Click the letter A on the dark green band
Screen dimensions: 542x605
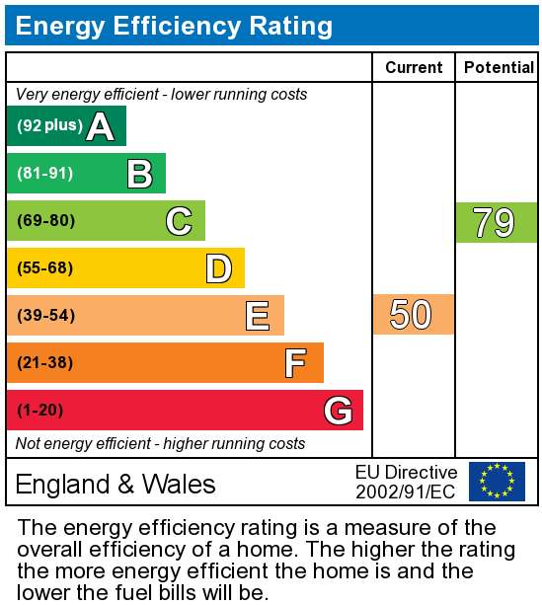(100, 126)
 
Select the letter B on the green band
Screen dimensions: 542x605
(140, 174)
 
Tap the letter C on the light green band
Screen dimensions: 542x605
(179, 221)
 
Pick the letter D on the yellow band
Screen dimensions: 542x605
(219, 268)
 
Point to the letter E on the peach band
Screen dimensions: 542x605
(258, 316)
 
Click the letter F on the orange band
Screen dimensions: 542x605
(296, 363)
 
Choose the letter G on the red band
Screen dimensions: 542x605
(339, 411)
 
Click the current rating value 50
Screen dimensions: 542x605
(411, 315)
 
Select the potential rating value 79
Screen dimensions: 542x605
(494, 223)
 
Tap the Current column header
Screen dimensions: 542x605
(414, 67)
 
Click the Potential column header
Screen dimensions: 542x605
(499, 67)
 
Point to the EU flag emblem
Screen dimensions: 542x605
(497, 482)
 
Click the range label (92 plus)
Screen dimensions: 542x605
(49, 125)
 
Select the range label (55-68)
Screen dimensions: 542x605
(44, 267)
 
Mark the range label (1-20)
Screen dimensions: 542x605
(39, 410)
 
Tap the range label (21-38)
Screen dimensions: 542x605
(44, 362)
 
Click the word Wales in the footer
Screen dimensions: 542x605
(179, 484)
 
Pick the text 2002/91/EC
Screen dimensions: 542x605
(406, 492)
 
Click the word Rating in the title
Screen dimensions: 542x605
(290, 26)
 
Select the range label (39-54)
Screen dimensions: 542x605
(45, 315)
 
